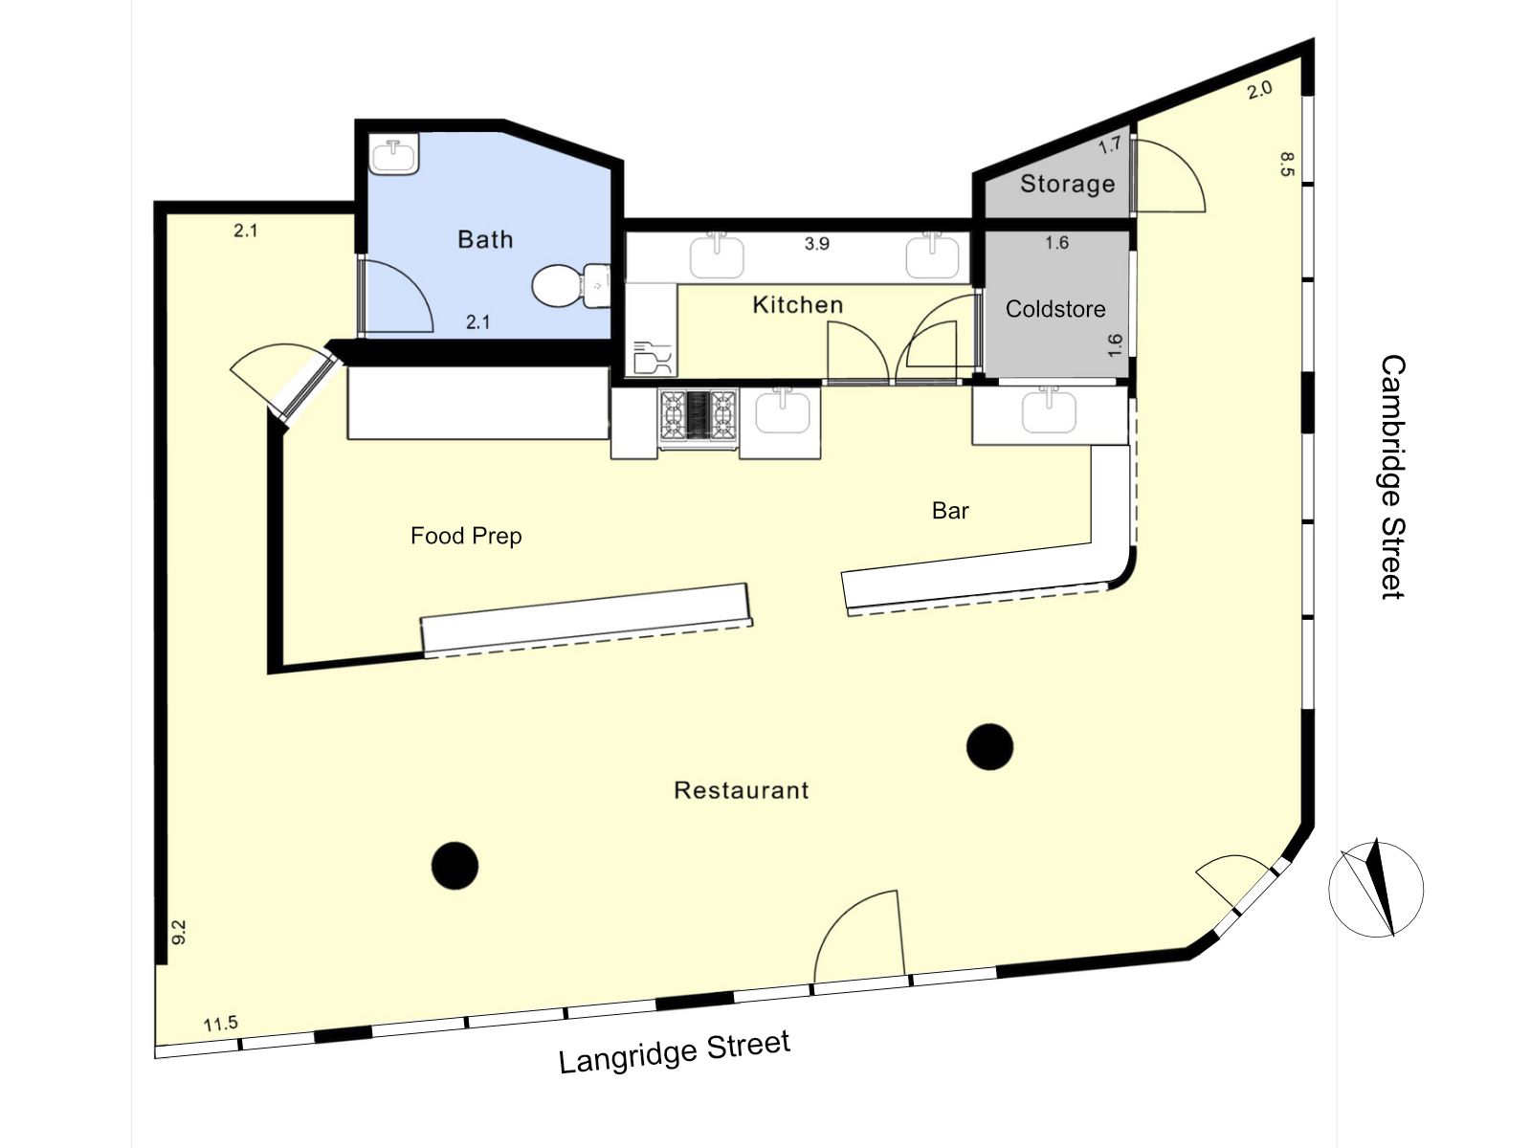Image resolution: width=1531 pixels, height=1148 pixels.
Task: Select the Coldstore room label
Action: click(1055, 309)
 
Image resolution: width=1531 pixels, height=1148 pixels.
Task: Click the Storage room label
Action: click(1067, 184)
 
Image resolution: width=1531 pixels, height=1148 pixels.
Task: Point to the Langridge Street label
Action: click(675, 1051)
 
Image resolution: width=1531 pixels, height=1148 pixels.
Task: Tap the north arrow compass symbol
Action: click(1375, 889)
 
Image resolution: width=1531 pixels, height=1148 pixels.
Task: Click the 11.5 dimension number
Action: click(220, 1024)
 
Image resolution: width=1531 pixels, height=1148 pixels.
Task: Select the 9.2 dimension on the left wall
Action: click(179, 932)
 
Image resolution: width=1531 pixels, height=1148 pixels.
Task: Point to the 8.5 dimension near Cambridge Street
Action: click(1288, 165)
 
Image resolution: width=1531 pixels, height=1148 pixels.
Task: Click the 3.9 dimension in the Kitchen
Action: click(817, 244)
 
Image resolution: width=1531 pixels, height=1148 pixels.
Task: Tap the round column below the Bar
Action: click(989, 746)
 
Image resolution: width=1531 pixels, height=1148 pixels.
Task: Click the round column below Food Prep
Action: click(455, 866)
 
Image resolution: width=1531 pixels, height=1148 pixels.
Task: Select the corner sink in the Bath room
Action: click(393, 153)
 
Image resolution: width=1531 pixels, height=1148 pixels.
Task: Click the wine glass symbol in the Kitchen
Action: click(653, 358)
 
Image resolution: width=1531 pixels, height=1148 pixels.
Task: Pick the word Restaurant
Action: click(742, 790)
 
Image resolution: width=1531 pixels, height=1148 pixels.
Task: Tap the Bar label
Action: click(950, 511)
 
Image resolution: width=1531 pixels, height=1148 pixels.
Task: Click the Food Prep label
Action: click(466, 536)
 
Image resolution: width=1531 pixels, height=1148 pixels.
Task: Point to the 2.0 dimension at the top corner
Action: click(1259, 89)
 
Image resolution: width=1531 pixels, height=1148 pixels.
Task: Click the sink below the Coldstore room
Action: click(1049, 411)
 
